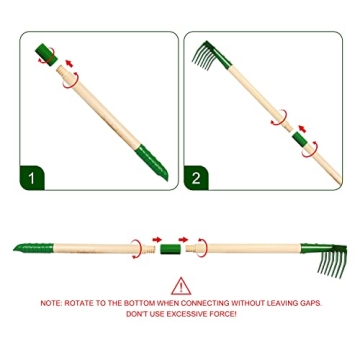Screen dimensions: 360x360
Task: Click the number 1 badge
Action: click(34, 181)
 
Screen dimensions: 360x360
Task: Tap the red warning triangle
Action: click(181, 286)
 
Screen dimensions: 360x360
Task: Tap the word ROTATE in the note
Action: click(76, 302)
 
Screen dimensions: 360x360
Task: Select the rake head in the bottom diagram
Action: click(336, 258)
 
